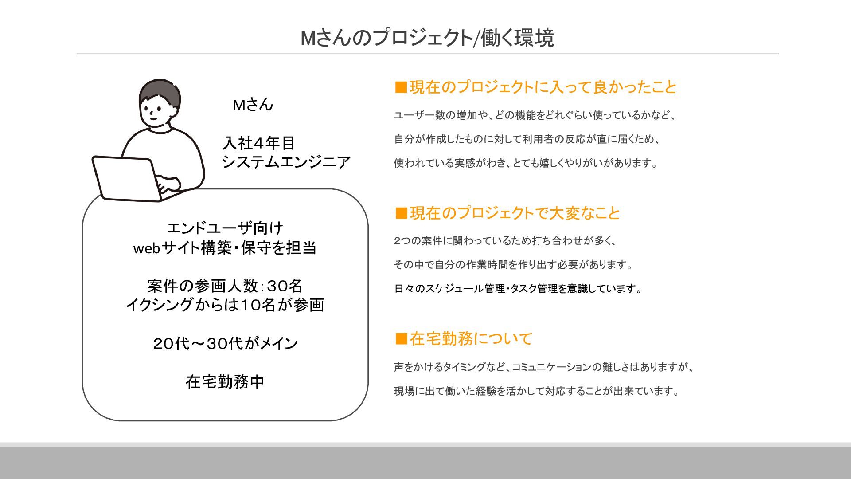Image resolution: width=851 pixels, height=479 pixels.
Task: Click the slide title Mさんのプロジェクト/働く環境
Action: pos(427,38)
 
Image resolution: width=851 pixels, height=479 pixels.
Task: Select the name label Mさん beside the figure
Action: pos(253,105)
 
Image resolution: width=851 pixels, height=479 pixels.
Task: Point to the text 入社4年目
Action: pos(259,143)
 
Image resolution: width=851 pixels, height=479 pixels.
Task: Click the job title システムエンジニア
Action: pos(286,162)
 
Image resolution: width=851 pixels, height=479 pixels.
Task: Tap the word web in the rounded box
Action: pos(146,248)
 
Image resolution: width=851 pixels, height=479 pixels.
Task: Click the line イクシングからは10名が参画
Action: pos(225,305)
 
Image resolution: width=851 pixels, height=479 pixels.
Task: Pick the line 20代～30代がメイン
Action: pos(225,343)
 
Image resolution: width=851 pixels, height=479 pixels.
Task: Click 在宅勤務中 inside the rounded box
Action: pos(225,381)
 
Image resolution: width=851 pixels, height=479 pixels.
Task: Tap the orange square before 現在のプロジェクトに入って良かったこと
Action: pos(401,87)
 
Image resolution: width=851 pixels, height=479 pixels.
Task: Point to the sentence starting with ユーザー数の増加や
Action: pos(535,115)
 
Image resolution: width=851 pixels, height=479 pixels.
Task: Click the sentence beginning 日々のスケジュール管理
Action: pos(518,289)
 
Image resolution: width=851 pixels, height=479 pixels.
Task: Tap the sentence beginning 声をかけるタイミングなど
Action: pos(543,367)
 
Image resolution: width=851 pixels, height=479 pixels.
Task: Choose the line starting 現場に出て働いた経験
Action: pos(536,391)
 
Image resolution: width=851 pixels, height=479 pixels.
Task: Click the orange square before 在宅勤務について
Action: pos(401,339)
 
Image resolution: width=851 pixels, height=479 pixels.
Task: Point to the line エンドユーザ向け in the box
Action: pos(225,228)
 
